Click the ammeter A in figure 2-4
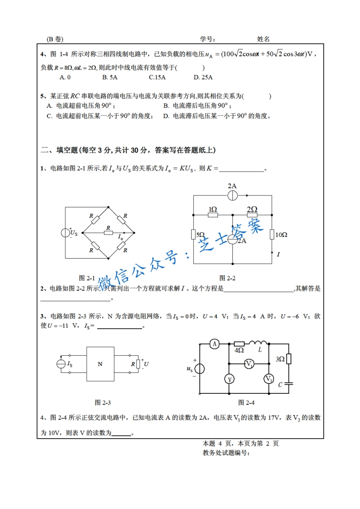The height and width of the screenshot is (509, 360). point(215,344)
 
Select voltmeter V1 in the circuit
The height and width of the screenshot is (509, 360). point(249,363)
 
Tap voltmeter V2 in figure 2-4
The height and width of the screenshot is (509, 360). point(269,378)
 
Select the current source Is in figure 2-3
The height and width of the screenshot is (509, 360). point(61,364)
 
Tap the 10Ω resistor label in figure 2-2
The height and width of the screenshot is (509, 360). point(281,235)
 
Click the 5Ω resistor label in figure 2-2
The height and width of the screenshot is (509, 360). point(200,235)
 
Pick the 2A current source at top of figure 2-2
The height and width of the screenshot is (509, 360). point(232,196)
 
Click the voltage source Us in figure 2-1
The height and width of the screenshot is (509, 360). point(66,233)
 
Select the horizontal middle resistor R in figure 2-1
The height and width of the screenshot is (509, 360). point(108,233)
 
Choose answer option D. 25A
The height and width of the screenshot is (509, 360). point(203,77)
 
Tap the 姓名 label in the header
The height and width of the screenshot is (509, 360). point(263,39)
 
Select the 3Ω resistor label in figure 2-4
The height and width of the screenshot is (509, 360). point(281,359)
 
